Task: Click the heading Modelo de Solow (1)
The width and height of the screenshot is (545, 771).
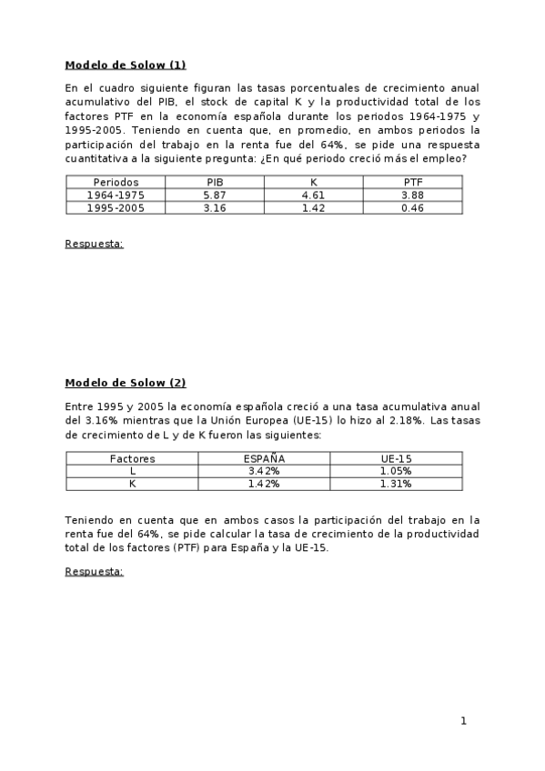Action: point(126,65)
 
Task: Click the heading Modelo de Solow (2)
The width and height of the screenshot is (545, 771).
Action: point(126,383)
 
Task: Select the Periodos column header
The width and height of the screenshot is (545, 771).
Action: point(116,182)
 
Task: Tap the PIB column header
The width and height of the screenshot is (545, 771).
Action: point(215,182)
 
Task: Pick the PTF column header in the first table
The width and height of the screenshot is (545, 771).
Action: point(413,182)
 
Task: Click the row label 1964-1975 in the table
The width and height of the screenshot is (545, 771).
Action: point(116,195)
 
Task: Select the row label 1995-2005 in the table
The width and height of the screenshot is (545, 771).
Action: point(116,207)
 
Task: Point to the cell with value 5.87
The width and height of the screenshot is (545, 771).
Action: point(215,195)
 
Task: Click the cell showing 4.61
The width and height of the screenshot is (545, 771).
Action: point(314,195)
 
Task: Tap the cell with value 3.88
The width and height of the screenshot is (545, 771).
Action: point(413,195)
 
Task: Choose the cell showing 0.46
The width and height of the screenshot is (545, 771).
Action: point(413,207)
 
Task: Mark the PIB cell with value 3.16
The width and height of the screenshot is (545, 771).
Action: point(215,207)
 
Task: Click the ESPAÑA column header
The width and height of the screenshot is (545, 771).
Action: point(265,458)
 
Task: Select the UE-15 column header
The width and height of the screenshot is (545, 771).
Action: point(397,458)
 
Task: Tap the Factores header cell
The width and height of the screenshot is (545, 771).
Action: point(133,458)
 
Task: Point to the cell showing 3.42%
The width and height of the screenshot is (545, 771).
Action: point(265,471)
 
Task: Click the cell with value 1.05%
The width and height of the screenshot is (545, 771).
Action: point(397,471)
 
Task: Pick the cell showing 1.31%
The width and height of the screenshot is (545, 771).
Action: point(397,484)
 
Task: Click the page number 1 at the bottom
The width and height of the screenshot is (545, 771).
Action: point(463,721)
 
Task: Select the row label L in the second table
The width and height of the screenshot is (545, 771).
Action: point(133,471)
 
